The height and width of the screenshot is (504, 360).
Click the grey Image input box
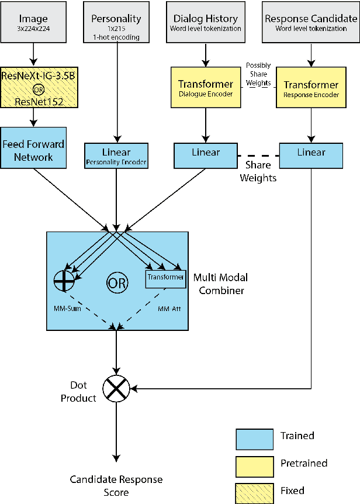(x=33, y=23)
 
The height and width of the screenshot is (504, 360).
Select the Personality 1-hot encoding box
(x=116, y=23)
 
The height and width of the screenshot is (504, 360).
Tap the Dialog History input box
(x=205, y=23)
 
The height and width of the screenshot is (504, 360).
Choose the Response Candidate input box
(x=310, y=23)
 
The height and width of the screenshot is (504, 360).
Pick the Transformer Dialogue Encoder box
(x=205, y=87)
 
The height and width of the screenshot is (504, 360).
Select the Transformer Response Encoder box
(x=311, y=87)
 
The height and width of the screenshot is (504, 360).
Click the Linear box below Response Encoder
(x=311, y=153)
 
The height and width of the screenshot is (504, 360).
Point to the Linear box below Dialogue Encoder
(x=206, y=153)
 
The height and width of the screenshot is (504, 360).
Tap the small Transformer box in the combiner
(x=165, y=278)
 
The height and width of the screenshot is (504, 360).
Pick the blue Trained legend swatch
(x=254, y=438)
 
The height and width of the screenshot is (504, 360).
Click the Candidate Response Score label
(x=116, y=486)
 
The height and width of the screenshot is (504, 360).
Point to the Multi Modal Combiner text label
(x=219, y=283)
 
